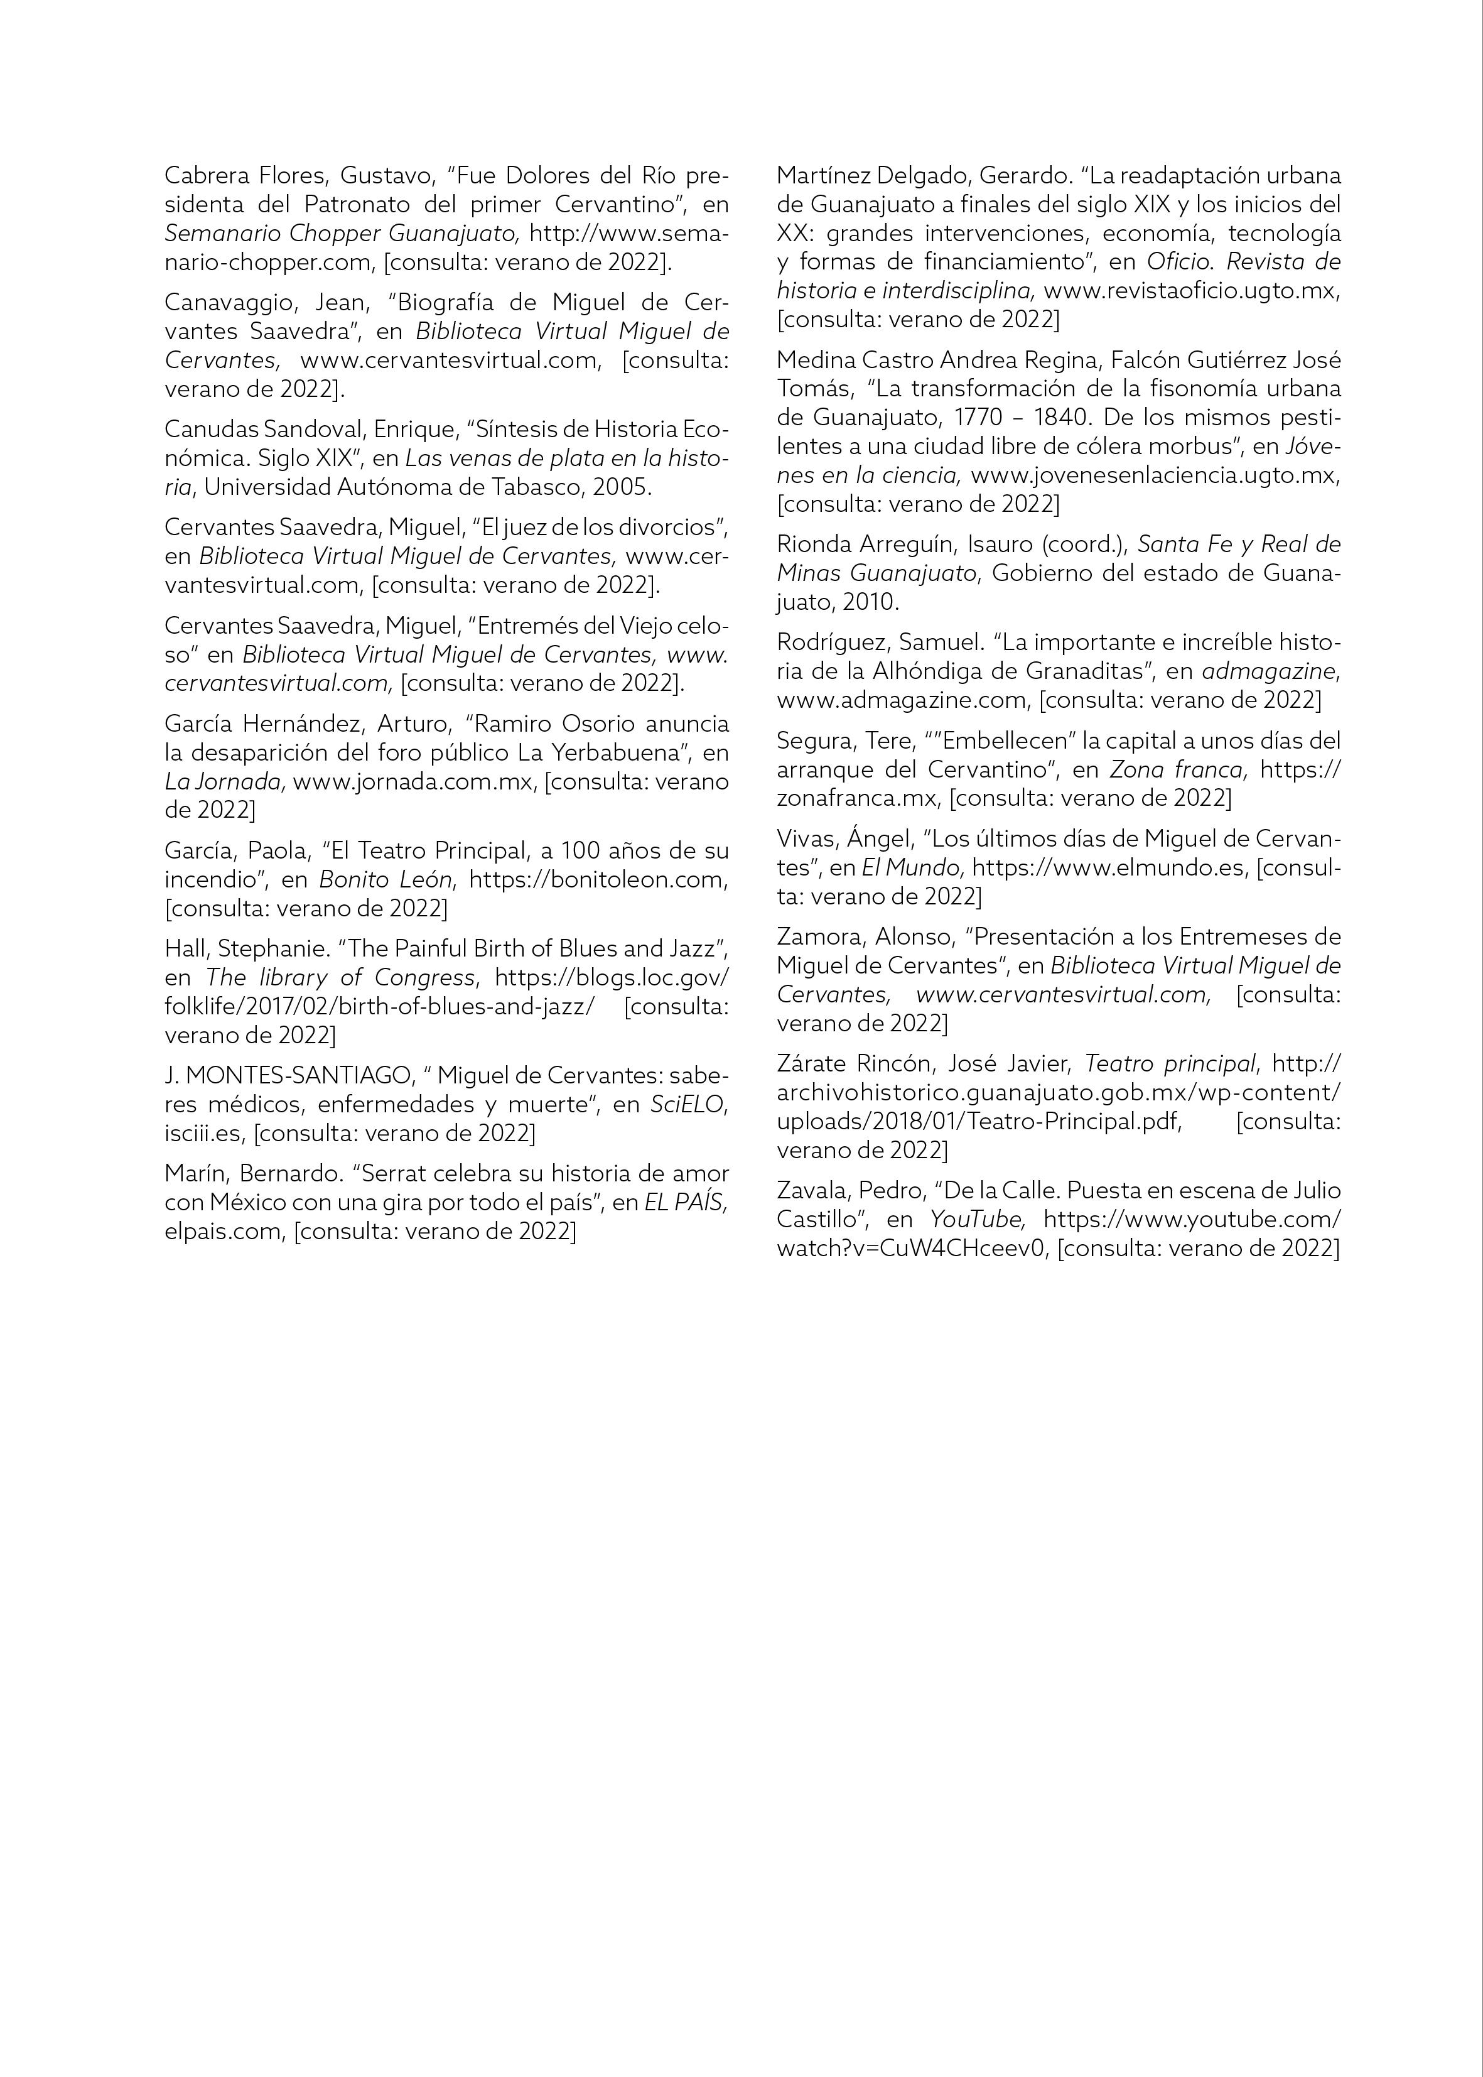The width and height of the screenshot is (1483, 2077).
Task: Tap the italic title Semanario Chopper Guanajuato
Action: click(342, 233)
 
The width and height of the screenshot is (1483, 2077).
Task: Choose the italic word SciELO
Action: click(688, 1104)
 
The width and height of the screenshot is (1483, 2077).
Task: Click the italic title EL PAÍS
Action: click(685, 1203)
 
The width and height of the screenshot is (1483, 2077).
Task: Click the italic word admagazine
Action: click(1270, 671)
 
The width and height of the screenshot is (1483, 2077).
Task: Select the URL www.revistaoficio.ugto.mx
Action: click(1192, 291)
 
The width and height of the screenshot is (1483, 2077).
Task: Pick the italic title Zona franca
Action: click(1178, 769)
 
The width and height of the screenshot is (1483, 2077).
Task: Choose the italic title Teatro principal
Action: click(1171, 1064)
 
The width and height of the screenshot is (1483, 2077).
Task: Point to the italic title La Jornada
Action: click(225, 782)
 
